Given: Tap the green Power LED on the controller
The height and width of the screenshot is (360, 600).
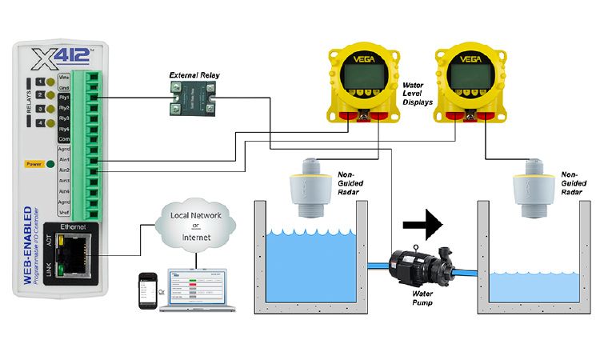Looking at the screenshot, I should click(x=50, y=165).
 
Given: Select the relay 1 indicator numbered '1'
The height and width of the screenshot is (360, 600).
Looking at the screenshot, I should click(x=39, y=82).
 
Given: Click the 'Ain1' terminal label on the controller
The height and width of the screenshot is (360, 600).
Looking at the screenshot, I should click(x=66, y=159).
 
